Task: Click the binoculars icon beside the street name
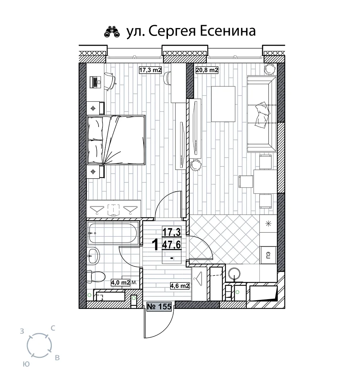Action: pos(112,32)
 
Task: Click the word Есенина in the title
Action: pos(228,31)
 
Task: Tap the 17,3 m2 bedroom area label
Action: pos(150,70)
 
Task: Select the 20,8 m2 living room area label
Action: pos(207,70)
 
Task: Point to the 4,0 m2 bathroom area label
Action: pos(120,282)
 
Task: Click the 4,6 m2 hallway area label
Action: pos(180,285)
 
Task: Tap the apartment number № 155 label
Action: pos(159,306)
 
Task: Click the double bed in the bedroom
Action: pos(116,140)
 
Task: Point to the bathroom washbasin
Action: pos(93,256)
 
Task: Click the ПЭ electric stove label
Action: pos(268,255)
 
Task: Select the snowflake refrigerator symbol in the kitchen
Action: pos(268,223)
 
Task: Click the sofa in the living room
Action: pos(262,114)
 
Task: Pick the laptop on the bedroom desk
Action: pos(96,82)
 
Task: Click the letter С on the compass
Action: pos(53,328)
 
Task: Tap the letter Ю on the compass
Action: pos(26,364)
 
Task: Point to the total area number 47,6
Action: pos(172,244)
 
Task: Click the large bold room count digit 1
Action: pos(155,244)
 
